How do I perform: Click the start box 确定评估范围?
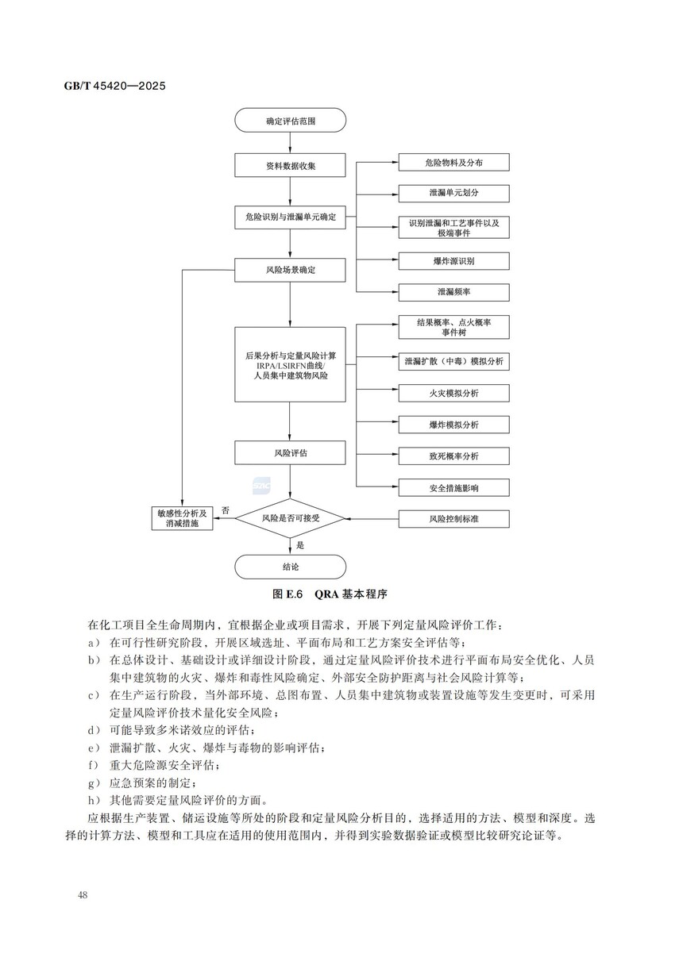[x=290, y=121]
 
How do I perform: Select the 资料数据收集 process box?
[x=290, y=165]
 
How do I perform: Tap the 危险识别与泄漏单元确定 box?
[x=290, y=217]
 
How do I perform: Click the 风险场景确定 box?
[x=290, y=270]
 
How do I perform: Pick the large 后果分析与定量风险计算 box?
[x=290, y=363]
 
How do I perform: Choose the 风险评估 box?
[x=290, y=452]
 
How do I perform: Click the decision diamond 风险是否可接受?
[x=291, y=518]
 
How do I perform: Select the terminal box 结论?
[x=290, y=567]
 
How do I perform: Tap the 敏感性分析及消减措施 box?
[x=182, y=519]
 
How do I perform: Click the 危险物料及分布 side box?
[x=453, y=162]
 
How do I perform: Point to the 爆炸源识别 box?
[x=453, y=260]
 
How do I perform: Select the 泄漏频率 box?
[x=453, y=292]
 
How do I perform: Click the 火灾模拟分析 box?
[x=453, y=393]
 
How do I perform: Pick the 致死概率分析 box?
[x=453, y=456]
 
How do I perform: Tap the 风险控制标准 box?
[x=453, y=519]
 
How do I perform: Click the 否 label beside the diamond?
[x=226, y=510]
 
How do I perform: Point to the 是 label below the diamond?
[x=300, y=545]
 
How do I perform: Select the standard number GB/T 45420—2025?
[x=114, y=86]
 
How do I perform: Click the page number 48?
[x=83, y=895]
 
